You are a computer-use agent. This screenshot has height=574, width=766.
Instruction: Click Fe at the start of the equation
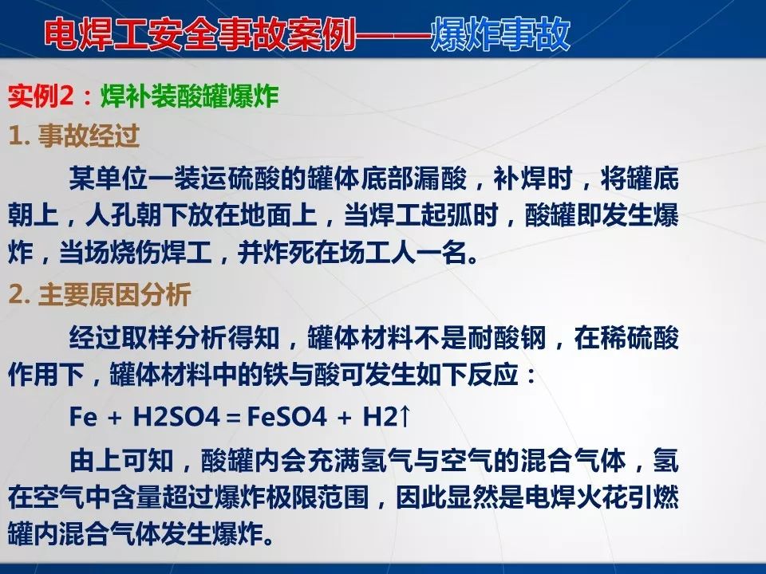83,416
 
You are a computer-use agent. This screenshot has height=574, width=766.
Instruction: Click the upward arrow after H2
405,416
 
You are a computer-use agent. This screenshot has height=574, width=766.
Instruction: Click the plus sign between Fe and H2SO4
115,417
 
